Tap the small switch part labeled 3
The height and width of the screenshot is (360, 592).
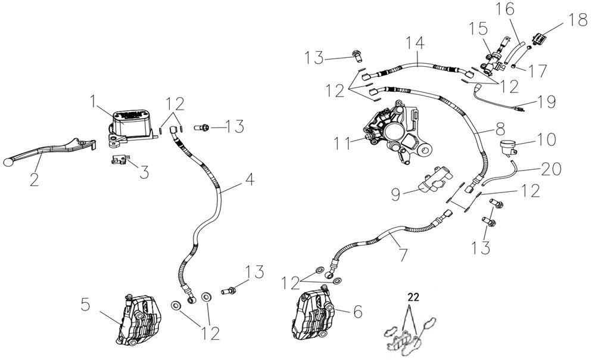click(x=120, y=160)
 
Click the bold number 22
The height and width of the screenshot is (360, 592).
click(x=413, y=296)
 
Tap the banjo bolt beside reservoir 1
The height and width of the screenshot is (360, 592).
click(x=204, y=126)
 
